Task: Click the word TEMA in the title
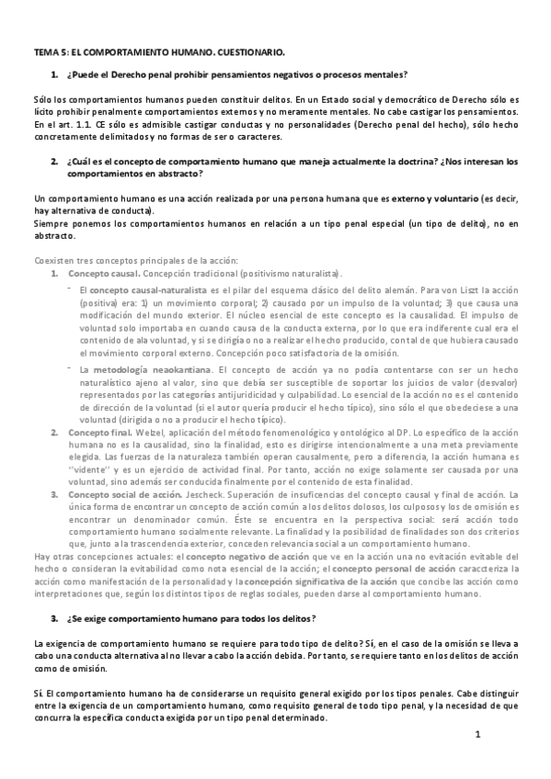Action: [43, 53]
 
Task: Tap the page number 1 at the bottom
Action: [478, 734]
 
